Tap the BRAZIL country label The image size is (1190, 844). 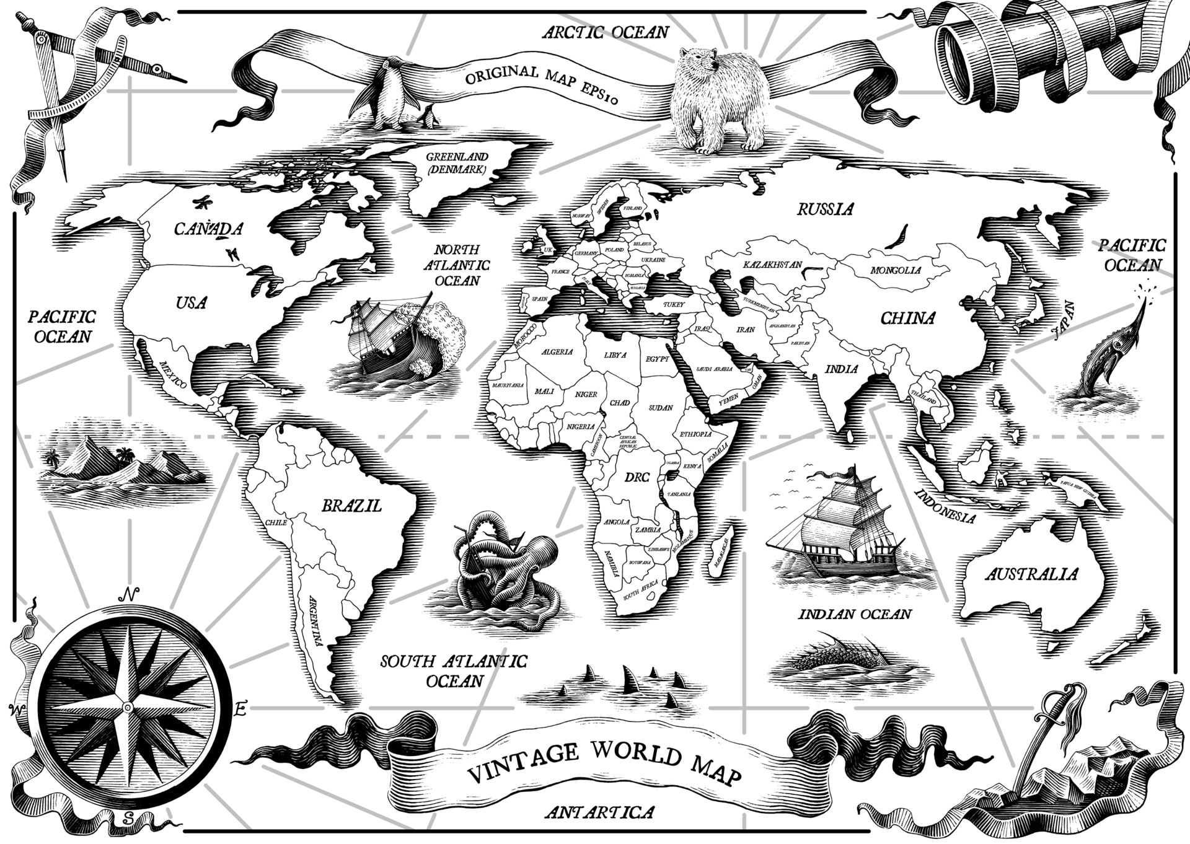click(351, 506)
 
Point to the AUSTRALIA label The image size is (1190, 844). click(1031, 574)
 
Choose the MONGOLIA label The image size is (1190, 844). click(896, 270)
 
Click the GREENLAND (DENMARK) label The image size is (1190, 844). click(456, 163)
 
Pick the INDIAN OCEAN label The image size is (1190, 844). click(855, 614)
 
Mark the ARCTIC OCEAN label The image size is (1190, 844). click(606, 32)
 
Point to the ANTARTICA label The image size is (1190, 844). click(599, 812)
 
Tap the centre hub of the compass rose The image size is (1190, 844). click(127, 707)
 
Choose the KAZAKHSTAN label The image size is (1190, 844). click(772, 265)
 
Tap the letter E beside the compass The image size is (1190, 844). click(241, 708)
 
